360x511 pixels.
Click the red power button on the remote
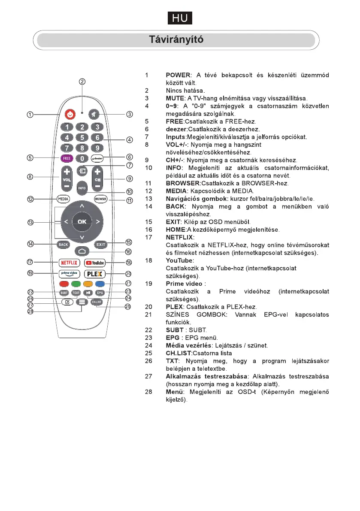[70, 115]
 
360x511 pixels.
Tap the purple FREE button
[67, 158]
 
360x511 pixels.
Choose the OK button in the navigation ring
[82, 221]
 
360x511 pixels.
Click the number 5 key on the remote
[82, 138]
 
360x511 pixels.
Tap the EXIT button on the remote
[100, 245]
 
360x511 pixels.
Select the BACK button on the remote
[64, 245]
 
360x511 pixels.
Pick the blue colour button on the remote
[100, 284]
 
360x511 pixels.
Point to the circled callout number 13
[30, 222]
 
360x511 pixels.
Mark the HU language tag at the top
[180, 18]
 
